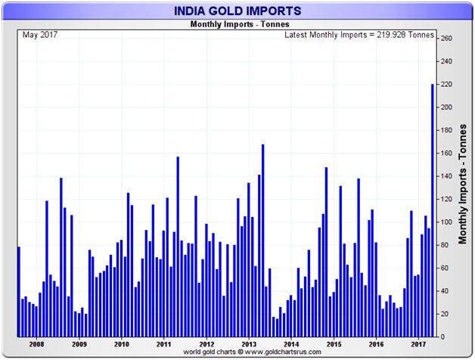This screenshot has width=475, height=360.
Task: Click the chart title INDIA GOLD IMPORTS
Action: coord(238,11)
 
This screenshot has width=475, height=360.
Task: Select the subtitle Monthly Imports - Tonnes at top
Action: coord(237,25)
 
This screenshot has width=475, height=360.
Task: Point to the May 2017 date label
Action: coord(40,35)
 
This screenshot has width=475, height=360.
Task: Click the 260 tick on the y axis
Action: coord(446,39)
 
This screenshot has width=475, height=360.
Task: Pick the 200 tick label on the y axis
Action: coord(446,107)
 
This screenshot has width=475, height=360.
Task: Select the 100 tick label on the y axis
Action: coord(446,222)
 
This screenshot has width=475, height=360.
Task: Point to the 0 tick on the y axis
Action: coord(442,337)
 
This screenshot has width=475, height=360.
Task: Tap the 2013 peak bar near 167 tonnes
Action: coord(262,241)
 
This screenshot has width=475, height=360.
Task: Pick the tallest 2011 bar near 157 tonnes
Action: coord(178,247)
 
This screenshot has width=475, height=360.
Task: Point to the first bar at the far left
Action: coord(19,291)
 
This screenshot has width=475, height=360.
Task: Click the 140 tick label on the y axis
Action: coord(446,176)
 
